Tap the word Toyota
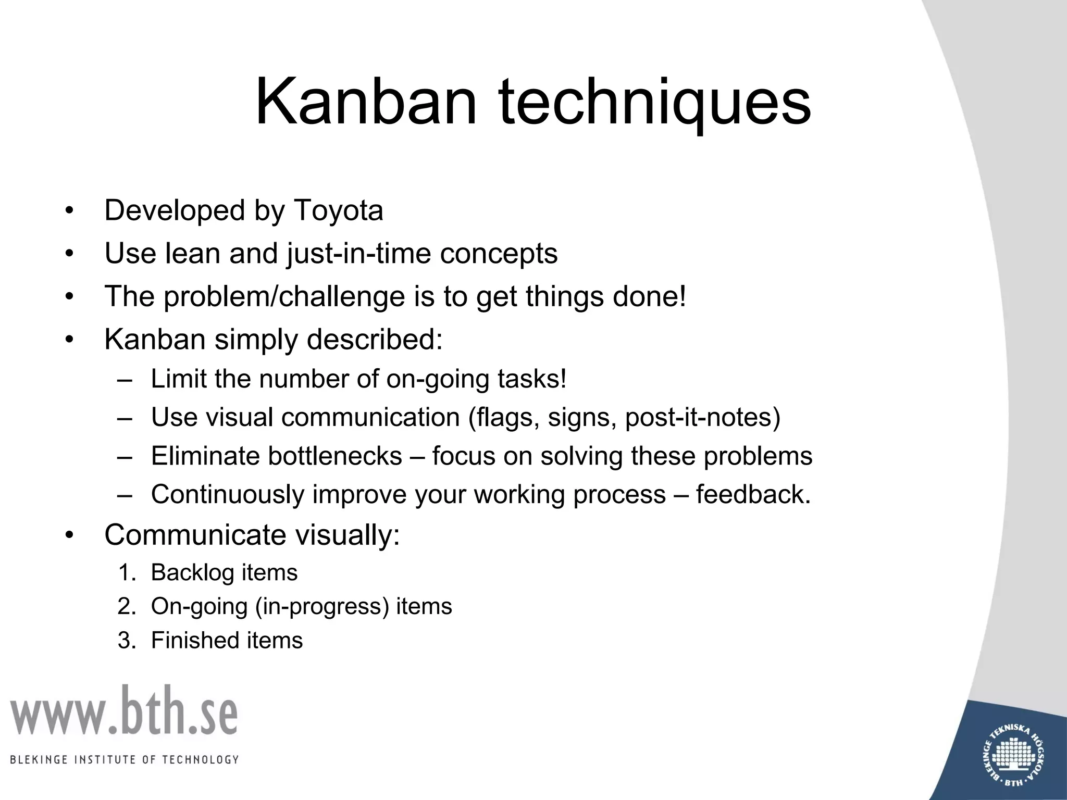(339, 211)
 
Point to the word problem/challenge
(284, 297)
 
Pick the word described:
(374, 340)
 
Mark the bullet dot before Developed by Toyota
(69, 211)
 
